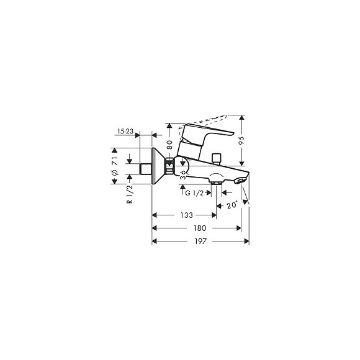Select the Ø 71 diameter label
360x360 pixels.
(x=114, y=166)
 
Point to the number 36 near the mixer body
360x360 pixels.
(x=182, y=176)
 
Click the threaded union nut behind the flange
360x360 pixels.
(x=169, y=166)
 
